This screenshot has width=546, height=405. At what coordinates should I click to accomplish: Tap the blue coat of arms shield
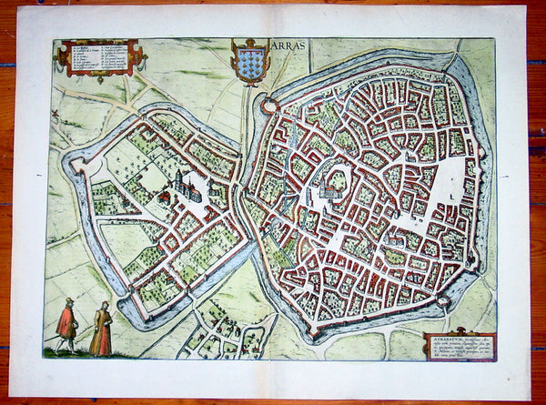[x=249, y=59]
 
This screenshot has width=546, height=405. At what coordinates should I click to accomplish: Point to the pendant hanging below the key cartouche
[x=98, y=79]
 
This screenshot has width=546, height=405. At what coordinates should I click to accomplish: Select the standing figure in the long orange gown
[x=101, y=330]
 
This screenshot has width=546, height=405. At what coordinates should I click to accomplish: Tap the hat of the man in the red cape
[x=68, y=301]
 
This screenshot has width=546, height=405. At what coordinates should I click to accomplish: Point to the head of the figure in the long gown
[x=104, y=307]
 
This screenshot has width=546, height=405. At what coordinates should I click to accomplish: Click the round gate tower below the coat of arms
[x=268, y=106]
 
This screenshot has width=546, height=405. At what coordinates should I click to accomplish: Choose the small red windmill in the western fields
[x=56, y=115]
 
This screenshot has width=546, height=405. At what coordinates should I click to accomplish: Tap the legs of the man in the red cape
[x=65, y=344]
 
